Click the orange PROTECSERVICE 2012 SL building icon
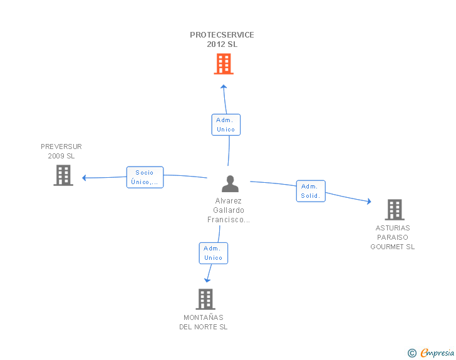point(224,64)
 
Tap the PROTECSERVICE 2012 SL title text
point(222,39)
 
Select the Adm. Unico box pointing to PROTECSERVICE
point(226,125)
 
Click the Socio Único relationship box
point(145,177)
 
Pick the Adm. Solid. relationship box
point(311,191)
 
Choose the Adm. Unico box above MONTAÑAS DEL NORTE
point(214,254)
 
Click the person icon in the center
point(230,184)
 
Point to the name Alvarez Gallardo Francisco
point(228,210)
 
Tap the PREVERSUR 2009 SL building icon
point(63,175)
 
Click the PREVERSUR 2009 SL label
point(61,152)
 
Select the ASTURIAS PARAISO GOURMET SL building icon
point(395,210)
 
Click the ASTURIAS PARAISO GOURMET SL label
point(392,237)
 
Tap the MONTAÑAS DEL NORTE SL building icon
point(205,299)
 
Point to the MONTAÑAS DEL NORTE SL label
point(204,322)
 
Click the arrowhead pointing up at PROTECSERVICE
point(224,86)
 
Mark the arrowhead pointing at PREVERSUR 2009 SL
point(84,178)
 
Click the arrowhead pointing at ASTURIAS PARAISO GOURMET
point(370,201)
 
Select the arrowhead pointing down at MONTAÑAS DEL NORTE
point(207,280)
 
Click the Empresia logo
point(437,352)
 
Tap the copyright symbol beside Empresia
point(412,353)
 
